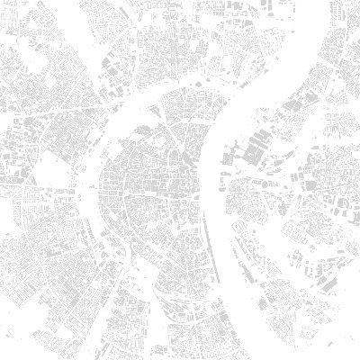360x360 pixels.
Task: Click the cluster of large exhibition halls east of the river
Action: tap(261, 144)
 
